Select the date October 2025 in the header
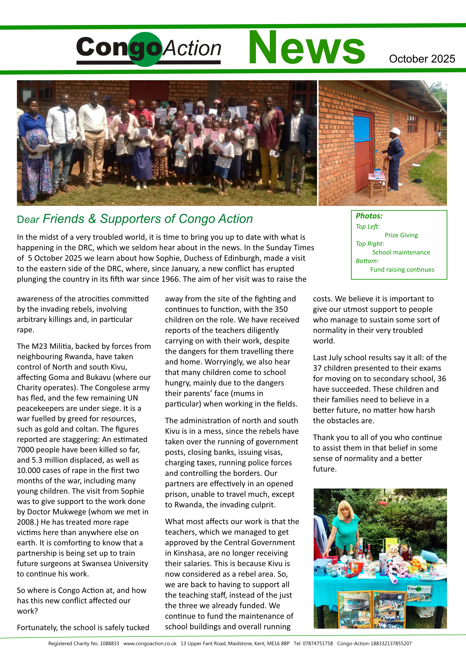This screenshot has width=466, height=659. [x=422, y=59]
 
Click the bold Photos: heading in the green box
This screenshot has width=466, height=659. [x=369, y=216]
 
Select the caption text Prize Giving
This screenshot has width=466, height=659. [x=401, y=235]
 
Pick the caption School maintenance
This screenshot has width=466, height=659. [x=401, y=253]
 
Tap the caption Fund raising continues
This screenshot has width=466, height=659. [x=402, y=270]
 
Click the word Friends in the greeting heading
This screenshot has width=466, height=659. [x=63, y=219]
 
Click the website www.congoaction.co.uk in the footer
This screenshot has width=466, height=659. [x=150, y=643]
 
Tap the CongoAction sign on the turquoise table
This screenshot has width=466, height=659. [x=419, y=589]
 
